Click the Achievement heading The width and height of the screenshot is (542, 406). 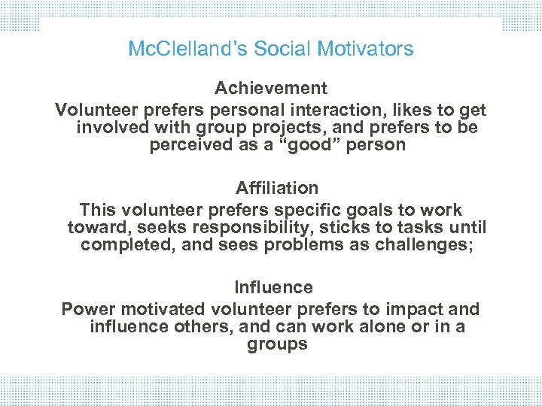pos(271,89)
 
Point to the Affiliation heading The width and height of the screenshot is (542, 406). pos(276,188)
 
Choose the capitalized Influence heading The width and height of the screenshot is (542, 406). pos(273,287)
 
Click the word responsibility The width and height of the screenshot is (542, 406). pos(228,227)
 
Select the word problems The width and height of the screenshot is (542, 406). pos(291,245)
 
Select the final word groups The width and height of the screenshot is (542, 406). pos(277,344)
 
